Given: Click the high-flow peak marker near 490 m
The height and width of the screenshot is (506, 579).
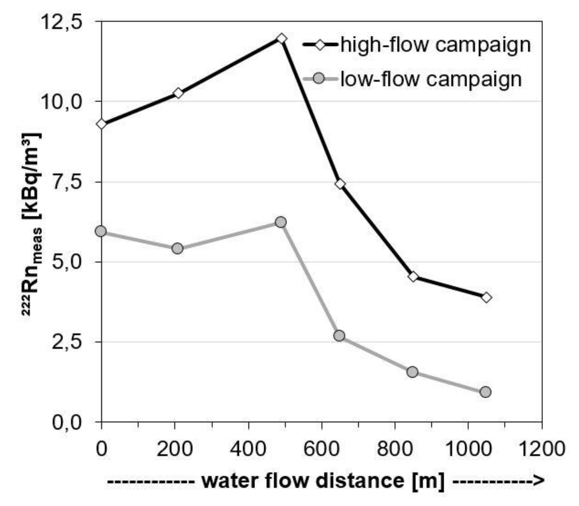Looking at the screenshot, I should click(282, 39).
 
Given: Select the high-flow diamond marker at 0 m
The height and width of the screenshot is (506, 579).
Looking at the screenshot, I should click(101, 124).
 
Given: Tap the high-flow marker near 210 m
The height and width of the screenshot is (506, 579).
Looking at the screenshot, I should click(178, 93).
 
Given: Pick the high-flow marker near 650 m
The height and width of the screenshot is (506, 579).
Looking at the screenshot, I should click(340, 184).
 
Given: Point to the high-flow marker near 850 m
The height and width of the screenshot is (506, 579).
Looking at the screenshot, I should click(413, 277).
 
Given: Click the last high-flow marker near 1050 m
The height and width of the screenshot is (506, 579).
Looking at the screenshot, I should click(487, 298).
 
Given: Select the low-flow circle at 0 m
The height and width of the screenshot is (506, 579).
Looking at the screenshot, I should click(101, 231).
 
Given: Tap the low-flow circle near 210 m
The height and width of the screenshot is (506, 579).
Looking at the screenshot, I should click(177, 248).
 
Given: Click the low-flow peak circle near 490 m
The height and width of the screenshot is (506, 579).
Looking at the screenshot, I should click(280, 222).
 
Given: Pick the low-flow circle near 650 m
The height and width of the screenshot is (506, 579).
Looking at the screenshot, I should click(339, 335).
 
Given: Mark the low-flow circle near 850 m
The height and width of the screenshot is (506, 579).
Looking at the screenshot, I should click(413, 372).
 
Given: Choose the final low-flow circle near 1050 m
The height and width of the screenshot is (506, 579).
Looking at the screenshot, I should click(486, 392).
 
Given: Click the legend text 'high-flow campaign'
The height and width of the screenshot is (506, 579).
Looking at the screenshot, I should click(436, 45).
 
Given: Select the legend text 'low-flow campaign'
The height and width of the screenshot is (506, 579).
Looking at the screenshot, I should click(431, 79).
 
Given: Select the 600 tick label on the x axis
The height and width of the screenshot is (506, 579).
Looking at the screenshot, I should click(322, 449).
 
